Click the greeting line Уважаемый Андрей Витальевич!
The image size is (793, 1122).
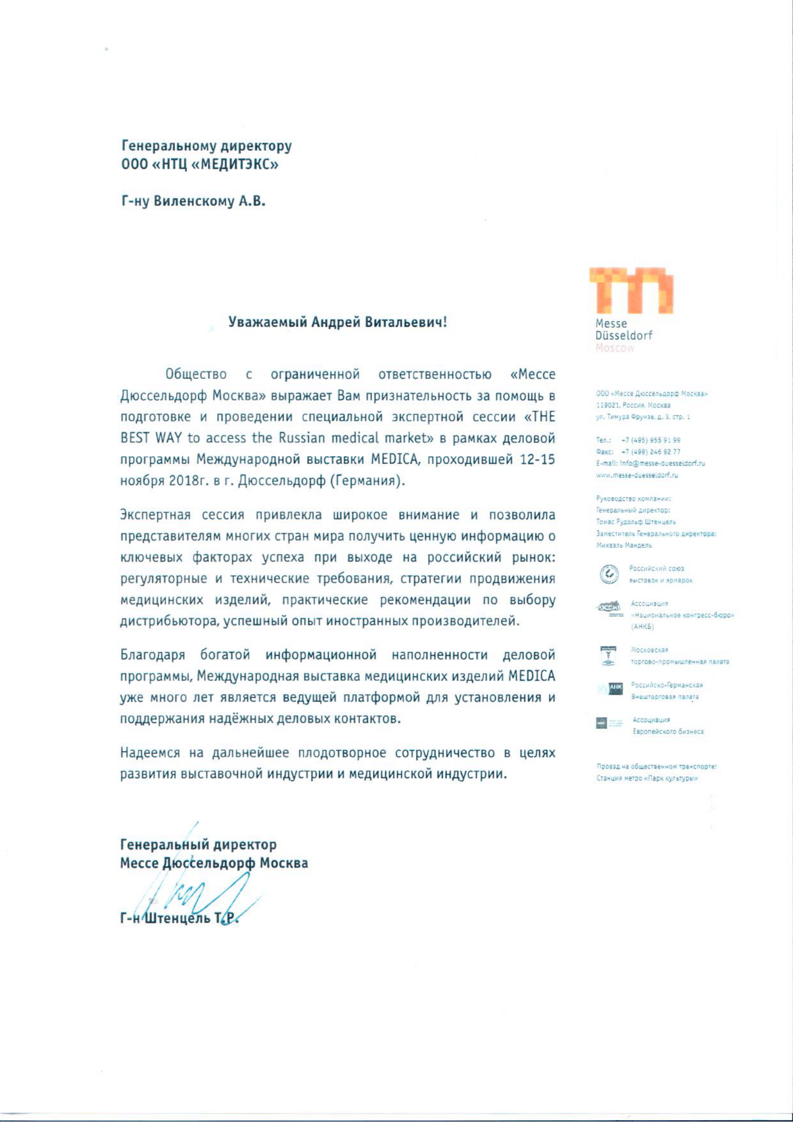(x=338, y=322)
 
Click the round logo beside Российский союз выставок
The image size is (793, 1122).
(x=609, y=574)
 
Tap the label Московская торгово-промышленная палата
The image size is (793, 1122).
(x=679, y=656)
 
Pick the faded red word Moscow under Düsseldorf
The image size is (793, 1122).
(x=615, y=348)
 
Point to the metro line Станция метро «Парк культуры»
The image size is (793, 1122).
(x=646, y=779)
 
